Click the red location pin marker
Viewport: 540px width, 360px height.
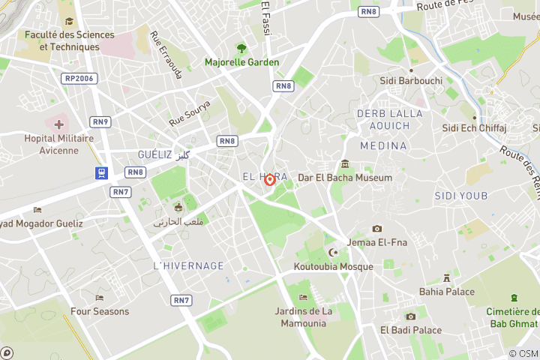(270, 179)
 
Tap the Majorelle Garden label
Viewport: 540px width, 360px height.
(242, 62)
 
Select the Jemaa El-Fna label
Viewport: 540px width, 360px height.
(376, 242)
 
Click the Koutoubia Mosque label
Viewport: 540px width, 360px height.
(334, 266)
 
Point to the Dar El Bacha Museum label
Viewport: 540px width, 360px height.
(345, 178)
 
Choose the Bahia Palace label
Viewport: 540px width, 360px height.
(447, 291)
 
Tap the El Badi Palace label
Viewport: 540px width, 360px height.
(411, 329)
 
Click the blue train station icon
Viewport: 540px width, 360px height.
(101, 173)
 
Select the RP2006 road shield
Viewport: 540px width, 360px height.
(79, 78)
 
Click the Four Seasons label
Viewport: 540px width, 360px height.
(100, 310)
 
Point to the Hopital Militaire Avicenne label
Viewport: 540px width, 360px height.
(58, 144)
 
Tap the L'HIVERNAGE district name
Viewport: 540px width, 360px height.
(188, 265)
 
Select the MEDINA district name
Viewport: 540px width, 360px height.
(383, 145)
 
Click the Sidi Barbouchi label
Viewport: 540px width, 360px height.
(411, 80)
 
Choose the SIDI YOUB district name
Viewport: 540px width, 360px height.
(460, 196)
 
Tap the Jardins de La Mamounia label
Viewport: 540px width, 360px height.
(303, 317)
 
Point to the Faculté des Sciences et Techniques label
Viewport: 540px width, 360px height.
(70, 40)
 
